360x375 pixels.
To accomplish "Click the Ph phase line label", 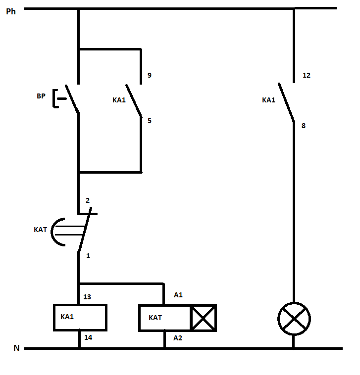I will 11,11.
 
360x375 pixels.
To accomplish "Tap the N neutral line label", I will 16,348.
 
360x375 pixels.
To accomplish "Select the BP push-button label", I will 41,96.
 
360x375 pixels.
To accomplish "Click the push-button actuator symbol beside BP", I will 59,98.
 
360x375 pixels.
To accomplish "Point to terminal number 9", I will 150,76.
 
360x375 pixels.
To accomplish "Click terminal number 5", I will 150,120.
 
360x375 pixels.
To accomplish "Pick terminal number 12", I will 307,76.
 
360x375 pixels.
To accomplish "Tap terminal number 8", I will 304,126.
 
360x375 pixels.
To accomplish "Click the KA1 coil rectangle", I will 80,317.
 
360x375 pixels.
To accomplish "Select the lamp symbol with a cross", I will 294,318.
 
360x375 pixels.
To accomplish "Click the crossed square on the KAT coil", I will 204,318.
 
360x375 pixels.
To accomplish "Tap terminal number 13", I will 88,297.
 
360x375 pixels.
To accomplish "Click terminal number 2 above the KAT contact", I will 88,200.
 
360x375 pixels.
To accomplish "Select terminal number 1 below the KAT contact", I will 88,256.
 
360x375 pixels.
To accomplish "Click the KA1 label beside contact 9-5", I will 119,100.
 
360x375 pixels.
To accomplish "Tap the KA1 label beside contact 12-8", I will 268,100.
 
